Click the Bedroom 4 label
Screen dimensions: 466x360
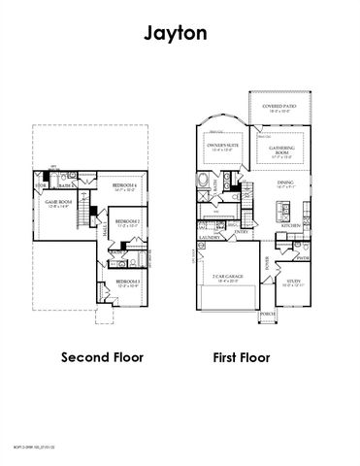[121, 185]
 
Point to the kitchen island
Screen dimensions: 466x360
[285, 205]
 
